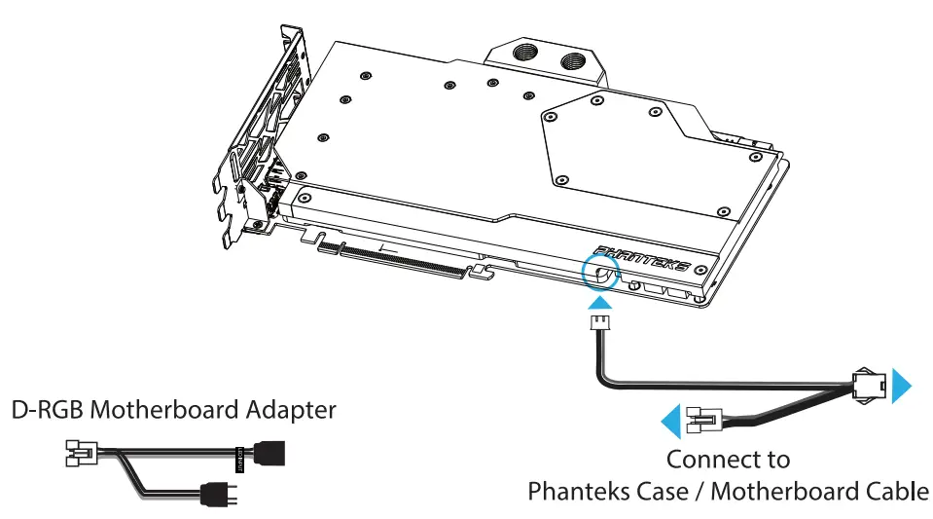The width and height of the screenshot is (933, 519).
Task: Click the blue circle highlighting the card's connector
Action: pyautogui.click(x=600, y=274)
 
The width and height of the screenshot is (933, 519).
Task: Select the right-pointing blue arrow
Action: pyautogui.click(x=902, y=385)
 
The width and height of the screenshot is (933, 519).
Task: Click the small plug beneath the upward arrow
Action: pyautogui.click(x=599, y=325)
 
